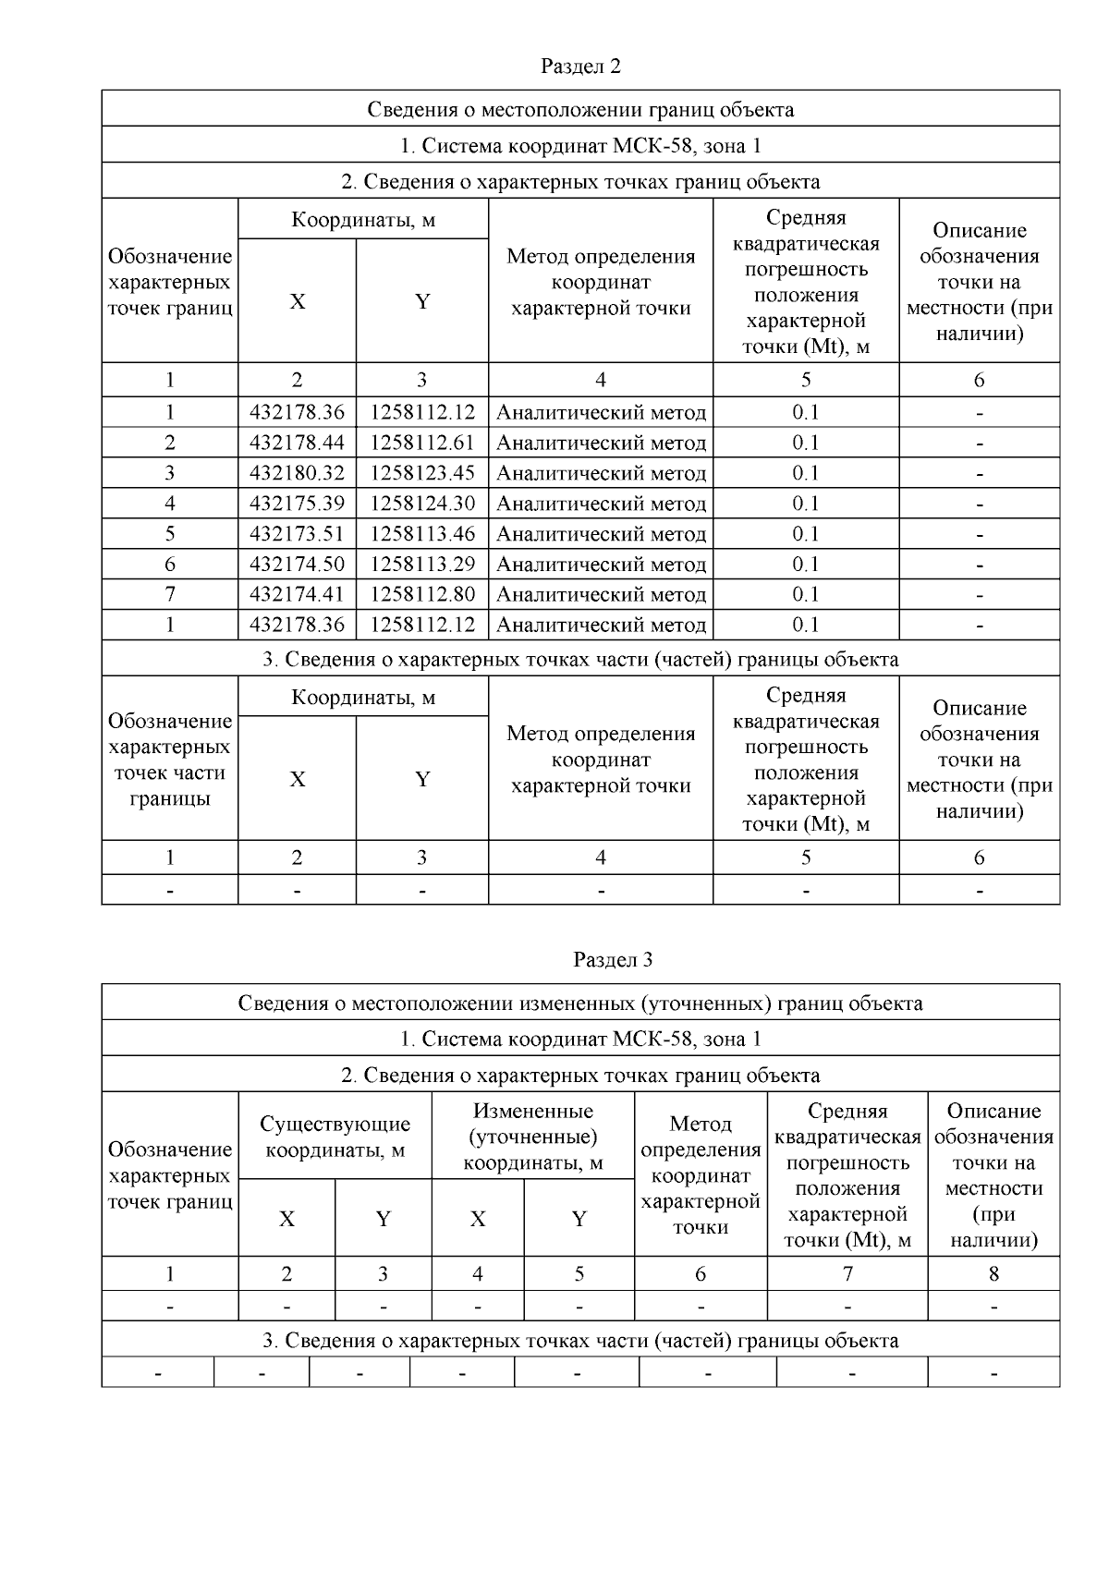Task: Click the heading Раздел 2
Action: tap(580, 67)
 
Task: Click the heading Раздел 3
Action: tap(613, 960)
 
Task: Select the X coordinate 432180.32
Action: tap(297, 473)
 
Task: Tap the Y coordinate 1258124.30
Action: tap(422, 504)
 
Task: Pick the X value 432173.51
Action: tap(297, 534)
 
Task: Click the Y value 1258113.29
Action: tap(422, 565)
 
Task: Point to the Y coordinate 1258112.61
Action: tap(422, 443)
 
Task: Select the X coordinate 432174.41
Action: tap(297, 594)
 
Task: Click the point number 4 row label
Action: tap(170, 504)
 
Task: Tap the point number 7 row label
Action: tap(170, 594)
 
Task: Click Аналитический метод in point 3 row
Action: tap(601, 473)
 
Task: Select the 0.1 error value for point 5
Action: tap(806, 534)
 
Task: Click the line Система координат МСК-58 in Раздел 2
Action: tap(580, 145)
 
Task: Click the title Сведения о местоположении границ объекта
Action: tap(580, 110)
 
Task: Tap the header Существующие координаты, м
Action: tap(335, 1137)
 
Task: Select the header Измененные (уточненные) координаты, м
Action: tap(532, 1137)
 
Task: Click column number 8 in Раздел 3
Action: tap(993, 1274)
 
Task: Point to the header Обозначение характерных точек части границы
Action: tap(170, 760)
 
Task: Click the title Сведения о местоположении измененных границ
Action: tap(580, 1003)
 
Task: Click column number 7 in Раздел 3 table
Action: tap(847, 1274)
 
